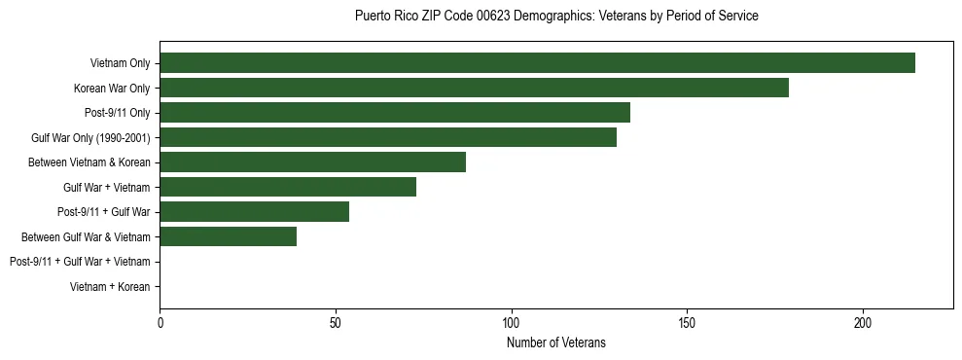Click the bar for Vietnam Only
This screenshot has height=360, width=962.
click(x=537, y=63)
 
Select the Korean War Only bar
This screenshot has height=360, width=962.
click(x=474, y=89)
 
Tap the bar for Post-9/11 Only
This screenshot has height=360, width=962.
click(x=395, y=113)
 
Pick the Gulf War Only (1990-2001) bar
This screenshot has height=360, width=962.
click(x=388, y=138)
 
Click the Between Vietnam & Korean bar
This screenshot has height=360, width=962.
click(x=312, y=162)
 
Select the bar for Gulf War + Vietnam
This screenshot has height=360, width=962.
click(x=288, y=187)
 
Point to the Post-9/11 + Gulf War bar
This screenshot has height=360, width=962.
click(x=254, y=212)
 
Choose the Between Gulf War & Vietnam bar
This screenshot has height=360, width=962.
click(x=228, y=236)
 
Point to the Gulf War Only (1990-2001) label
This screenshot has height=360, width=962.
click(x=90, y=138)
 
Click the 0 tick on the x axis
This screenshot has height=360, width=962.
click(x=160, y=322)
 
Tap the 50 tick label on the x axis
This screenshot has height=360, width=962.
click(x=336, y=322)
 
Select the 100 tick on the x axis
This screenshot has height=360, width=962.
click(x=511, y=322)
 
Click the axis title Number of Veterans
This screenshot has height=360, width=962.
click(x=555, y=342)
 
